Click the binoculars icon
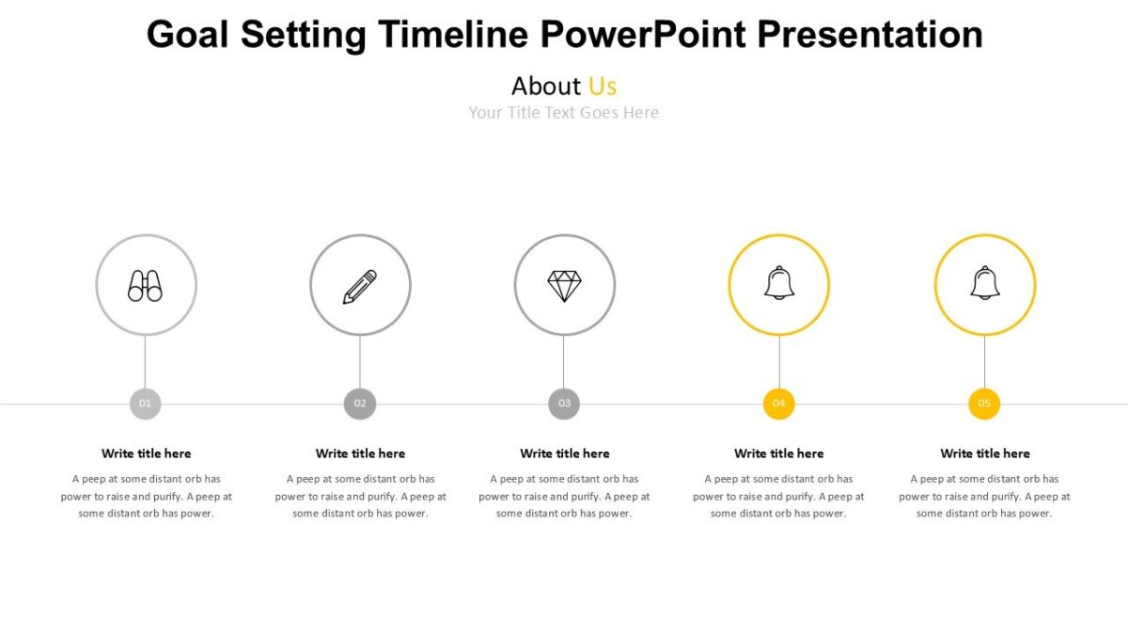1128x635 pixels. pyautogui.click(x=146, y=285)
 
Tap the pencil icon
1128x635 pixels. pyautogui.click(x=360, y=286)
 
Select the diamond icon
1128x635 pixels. pyautogui.click(x=565, y=286)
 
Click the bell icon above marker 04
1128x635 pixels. pyautogui.click(x=779, y=283)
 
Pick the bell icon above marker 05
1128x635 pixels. pyautogui.click(x=985, y=283)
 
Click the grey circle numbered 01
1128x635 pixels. pyautogui.click(x=146, y=404)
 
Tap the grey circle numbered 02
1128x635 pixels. pyautogui.click(x=360, y=404)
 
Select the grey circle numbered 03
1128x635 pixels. pyautogui.click(x=564, y=404)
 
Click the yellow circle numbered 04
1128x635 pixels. pyautogui.click(x=778, y=404)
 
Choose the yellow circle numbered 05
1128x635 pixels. pyautogui.click(x=984, y=404)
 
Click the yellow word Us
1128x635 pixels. pyautogui.click(x=603, y=87)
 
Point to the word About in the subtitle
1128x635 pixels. pyautogui.click(x=546, y=87)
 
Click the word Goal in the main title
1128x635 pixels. pyautogui.click(x=189, y=35)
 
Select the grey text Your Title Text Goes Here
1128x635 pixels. pyautogui.click(x=564, y=113)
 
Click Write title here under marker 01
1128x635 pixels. pyautogui.click(x=146, y=453)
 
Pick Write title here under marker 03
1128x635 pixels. pyautogui.click(x=564, y=453)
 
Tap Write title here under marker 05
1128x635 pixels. pyautogui.click(x=985, y=453)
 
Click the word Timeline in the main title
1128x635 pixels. pyautogui.click(x=453, y=35)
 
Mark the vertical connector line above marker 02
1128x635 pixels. pyautogui.click(x=360, y=362)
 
